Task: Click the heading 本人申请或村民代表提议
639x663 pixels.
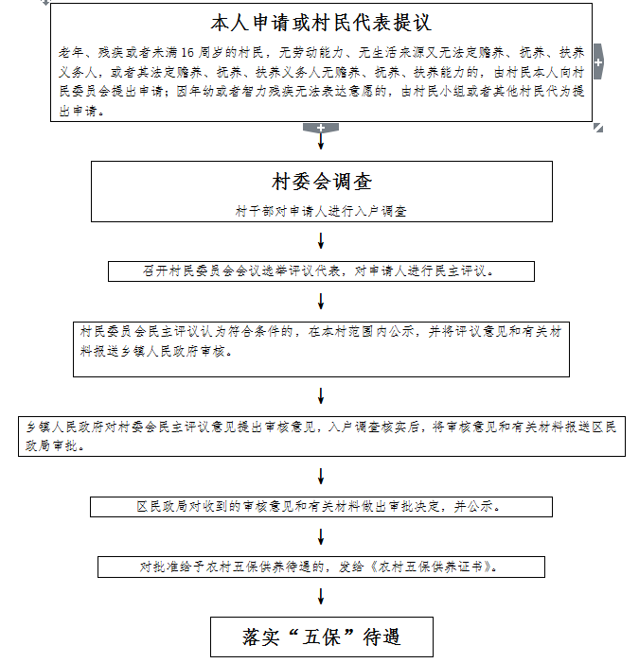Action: pyautogui.click(x=322, y=22)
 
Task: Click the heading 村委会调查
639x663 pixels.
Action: pyautogui.click(x=321, y=183)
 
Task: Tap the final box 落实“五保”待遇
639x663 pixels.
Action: pyautogui.click(x=321, y=637)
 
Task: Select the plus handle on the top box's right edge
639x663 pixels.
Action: pyautogui.click(x=597, y=61)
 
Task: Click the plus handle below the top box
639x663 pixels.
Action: pyautogui.click(x=321, y=128)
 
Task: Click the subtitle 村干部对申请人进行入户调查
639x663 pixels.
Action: pyautogui.click(x=321, y=212)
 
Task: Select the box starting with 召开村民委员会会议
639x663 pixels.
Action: pyautogui.click(x=321, y=271)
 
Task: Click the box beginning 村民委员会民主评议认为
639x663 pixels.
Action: pyautogui.click(x=323, y=349)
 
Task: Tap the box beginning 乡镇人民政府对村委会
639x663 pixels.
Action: pyautogui.click(x=321, y=436)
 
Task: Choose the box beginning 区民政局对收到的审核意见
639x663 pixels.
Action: pyautogui.click(x=321, y=507)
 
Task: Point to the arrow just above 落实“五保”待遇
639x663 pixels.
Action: pyautogui.click(x=321, y=598)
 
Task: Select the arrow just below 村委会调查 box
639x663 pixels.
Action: pyautogui.click(x=321, y=240)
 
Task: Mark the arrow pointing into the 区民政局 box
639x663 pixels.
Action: pyautogui.click(x=321, y=477)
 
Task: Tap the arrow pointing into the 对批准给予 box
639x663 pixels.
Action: pyautogui.click(x=321, y=536)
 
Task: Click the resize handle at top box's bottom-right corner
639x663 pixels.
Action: pyautogui.click(x=597, y=128)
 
